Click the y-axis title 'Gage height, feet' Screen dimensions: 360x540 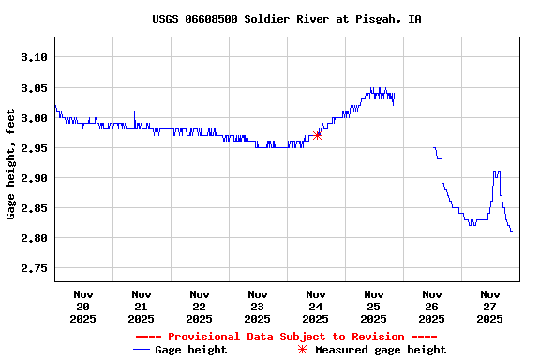pyautogui.click(x=11, y=159)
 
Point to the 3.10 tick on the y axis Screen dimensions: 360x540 pyautogui.click(x=33, y=58)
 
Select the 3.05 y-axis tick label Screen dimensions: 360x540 pyautogui.click(x=33, y=88)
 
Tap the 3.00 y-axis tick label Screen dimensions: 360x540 pyautogui.click(x=33, y=118)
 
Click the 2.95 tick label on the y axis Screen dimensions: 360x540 pyautogui.click(x=33, y=148)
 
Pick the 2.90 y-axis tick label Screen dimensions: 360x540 pyautogui.click(x=33, y=178)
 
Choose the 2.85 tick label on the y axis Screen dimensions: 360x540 pyautogui.click(x=33, y=208)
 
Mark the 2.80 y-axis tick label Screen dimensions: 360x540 pyautogui.click(x=33, y=238)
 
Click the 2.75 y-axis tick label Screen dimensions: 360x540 pyautogui.click(x=33, y=268)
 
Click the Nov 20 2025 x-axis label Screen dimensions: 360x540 pyautogui.click(x=82, y=307)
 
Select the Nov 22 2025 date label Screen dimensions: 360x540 pyautogui.click(x=199, y=307)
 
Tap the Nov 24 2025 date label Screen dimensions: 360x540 pyautogui.click(x=315, y=307)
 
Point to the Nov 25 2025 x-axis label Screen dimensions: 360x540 pyautogui.click(x=373, y=307)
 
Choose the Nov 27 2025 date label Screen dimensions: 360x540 pyautogui.click(x=489, y=307)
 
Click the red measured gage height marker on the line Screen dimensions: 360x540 pyautogui.click(x=317, y=135)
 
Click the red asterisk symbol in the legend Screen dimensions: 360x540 pyautogui.click(x=302, y=350)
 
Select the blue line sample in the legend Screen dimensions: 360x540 pyautogui.click(x=142, y=350)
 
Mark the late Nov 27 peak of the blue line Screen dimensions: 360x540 pyautogui.click(x=496, y=172)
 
